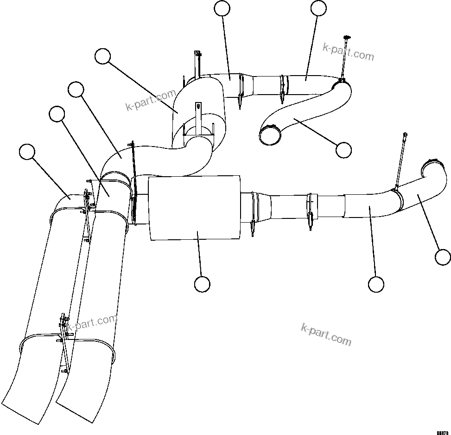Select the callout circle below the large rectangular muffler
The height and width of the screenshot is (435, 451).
202,284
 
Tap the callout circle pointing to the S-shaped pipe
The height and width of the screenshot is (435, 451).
343,150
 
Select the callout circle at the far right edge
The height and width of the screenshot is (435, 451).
443,256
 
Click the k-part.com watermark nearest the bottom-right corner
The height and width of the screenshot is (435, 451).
326,333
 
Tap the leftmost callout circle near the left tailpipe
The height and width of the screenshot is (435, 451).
27,152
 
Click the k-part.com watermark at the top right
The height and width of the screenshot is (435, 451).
348,51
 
